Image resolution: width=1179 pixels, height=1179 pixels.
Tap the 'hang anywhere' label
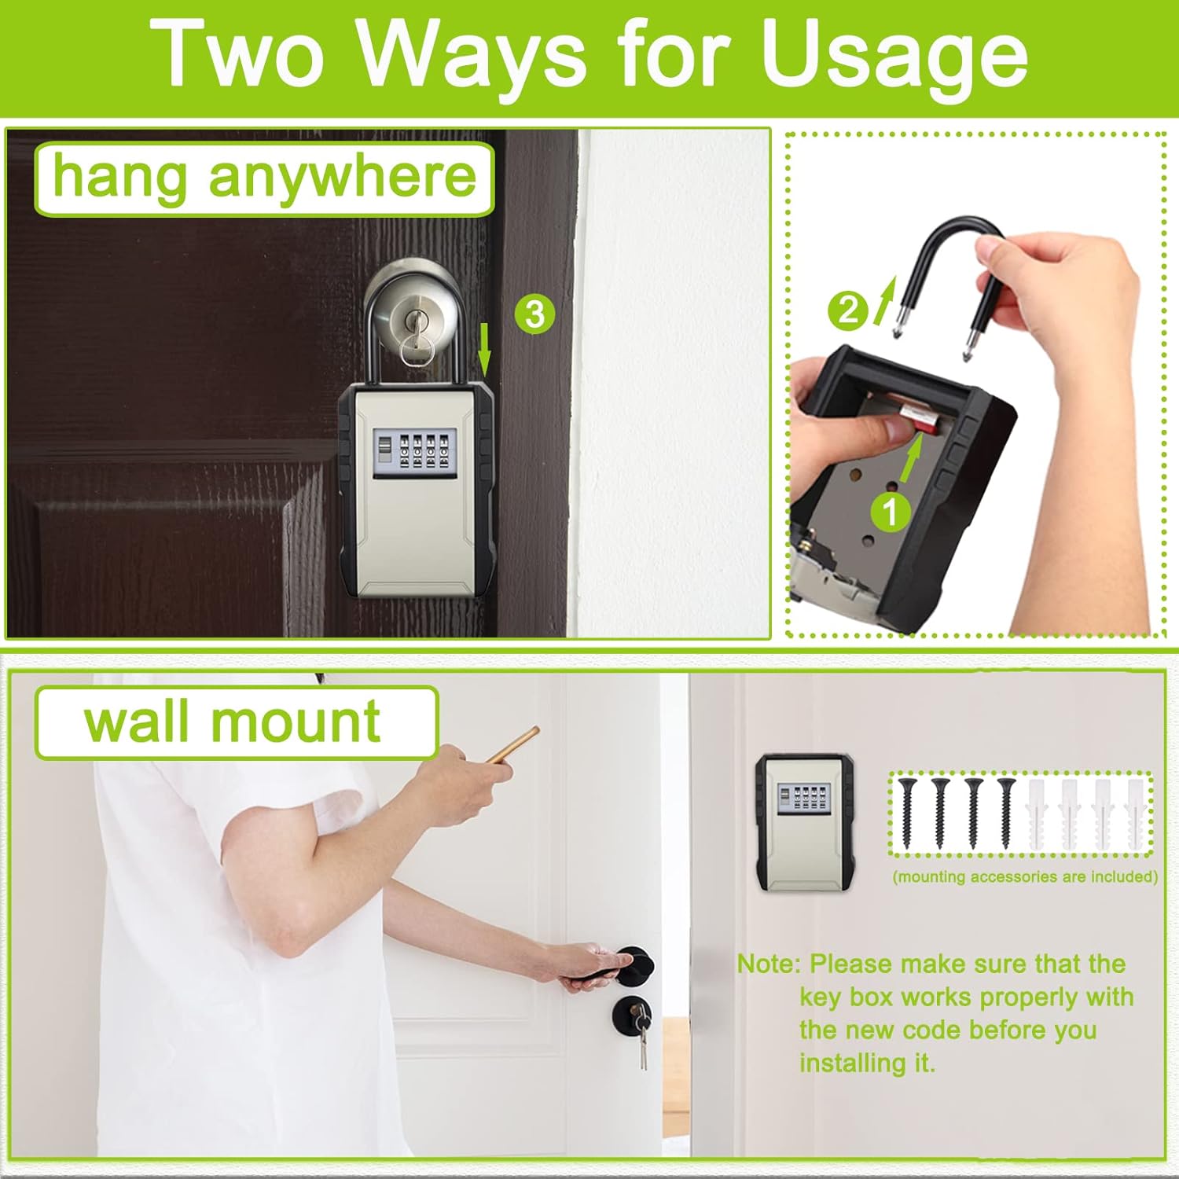[x=264, y=178]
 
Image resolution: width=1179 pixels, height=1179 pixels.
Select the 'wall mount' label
[x=234, y=722]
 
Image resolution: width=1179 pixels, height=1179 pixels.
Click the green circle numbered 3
[x=534, y=314]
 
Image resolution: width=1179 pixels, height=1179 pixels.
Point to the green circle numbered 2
[x=847, y=310]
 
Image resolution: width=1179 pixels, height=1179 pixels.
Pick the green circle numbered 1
[x=890, y=512]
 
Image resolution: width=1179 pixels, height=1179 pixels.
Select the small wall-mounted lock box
[x=805, y=821]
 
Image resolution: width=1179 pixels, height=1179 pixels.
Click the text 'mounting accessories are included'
[x=1025, y=877]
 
